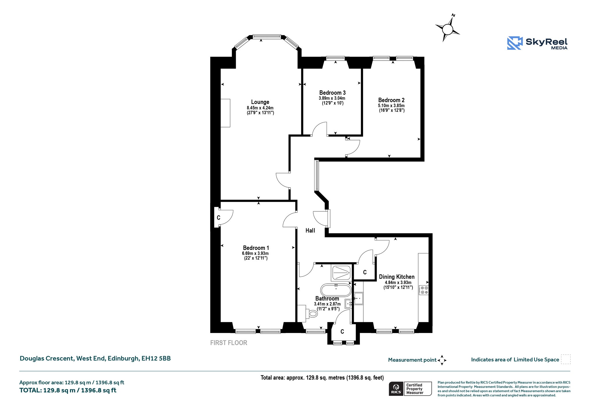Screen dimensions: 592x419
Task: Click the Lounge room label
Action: pyautogui.click(x=260, y=102)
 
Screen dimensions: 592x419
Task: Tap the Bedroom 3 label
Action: pyautogui.click(x=332, y=93)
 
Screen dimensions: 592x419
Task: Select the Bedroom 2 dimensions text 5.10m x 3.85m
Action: pyautogui.click(x=391, y=106)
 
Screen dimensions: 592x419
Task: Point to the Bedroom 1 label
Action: pyautogui.click(x=256, y=248)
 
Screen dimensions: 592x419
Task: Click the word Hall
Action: pyautogui.click(x=310, y=230)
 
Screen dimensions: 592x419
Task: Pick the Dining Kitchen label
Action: pyautogui.click(x=397, y=277)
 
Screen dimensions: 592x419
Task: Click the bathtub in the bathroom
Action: pyautogui.click(x=336, y=290)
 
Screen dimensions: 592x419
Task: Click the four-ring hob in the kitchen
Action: pyautogui.click(x=424, y=290)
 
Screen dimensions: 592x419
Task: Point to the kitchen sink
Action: pyautogui.click(x=358, y=298)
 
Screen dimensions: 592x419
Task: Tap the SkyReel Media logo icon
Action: pyautogui.click(x=515, y=43)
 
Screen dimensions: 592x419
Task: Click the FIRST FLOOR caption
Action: pyautogui.click(x=229, y=343)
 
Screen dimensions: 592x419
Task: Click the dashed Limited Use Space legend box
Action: pyautogui.click(x=566, y=359)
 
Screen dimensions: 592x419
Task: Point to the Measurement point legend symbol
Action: pyautogui.click(x=442, y=360)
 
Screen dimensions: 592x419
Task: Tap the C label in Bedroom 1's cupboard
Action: pyautogui.click(x=219, y=218)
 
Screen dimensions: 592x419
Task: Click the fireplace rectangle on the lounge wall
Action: pyautogui.click(x=225, y=113)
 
